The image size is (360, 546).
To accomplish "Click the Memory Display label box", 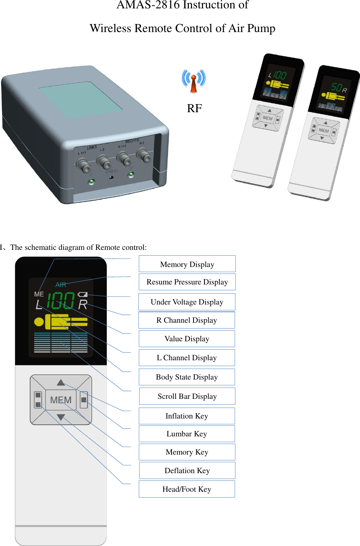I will pos(187,264).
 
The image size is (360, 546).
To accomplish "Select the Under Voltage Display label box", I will pos(187,302).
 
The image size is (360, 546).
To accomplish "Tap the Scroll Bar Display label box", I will pos(187,396).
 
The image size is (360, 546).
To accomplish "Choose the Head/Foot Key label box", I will pos(187,489).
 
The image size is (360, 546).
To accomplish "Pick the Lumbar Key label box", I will pos(187,434).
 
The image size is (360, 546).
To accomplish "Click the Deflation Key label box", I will pos(187,471).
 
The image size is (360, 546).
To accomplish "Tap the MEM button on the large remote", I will pos(61,400).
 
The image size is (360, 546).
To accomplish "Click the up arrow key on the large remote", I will pos(61,382).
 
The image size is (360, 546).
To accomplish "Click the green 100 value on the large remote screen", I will pos(61,301).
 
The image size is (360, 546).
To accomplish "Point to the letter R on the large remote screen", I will pos(83,305).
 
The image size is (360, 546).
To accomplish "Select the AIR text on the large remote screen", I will pos(61,285).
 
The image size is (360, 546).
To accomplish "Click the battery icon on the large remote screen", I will pos(83,294).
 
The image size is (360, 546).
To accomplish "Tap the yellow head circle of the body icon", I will pos(39,322).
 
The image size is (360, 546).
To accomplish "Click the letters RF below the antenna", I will pos(194,108).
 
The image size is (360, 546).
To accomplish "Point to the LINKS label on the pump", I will pos(92,148).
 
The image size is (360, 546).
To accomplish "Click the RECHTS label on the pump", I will pos(132,141).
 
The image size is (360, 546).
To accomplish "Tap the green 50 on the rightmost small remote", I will pos(336,87).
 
